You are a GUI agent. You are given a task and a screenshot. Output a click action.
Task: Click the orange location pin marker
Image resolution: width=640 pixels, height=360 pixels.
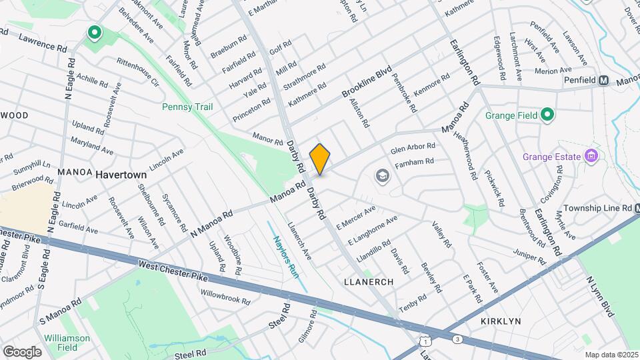320,159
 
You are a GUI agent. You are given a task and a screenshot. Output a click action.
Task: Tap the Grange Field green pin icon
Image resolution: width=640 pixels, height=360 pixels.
547,115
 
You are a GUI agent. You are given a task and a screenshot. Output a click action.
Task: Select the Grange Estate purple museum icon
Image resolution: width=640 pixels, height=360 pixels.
590,157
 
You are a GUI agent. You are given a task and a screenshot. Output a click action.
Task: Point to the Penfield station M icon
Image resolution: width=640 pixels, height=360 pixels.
604,81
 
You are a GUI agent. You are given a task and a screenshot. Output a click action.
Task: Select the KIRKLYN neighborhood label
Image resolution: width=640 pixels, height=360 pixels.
501,321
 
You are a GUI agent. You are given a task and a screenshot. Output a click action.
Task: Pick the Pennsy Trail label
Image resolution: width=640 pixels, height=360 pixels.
187,107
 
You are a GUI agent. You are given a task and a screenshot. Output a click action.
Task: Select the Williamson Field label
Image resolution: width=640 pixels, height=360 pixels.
67,343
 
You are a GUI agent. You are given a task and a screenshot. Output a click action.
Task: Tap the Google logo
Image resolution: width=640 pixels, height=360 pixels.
22,351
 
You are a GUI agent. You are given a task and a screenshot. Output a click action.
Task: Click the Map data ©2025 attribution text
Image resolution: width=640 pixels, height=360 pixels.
610,355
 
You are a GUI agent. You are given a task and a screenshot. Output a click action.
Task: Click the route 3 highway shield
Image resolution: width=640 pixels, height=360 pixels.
457,339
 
